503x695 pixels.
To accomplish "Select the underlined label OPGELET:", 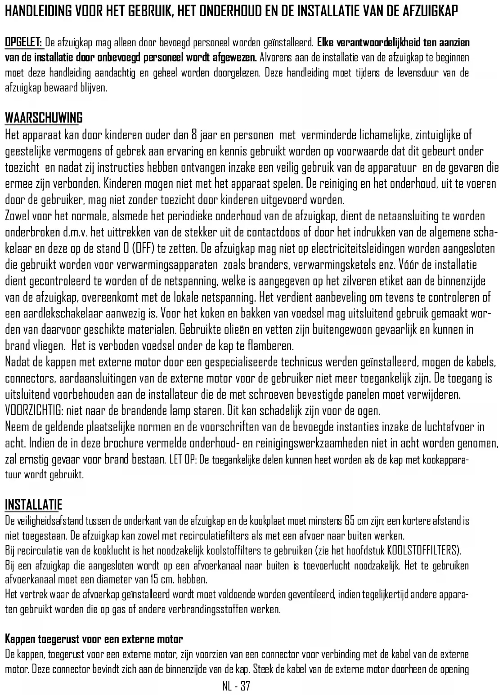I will click(23, 43).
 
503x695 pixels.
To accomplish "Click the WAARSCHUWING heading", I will click(44, 118).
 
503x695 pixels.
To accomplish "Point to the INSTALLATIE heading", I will click(33, 504).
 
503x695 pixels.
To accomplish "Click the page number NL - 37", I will click(236, 686).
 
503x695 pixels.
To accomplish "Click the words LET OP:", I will click(183, 460).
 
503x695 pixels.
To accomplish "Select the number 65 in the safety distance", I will click(350, 521).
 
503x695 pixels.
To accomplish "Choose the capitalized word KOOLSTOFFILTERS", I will click(422, 550).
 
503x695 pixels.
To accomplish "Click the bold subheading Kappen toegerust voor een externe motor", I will click(94, 639).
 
